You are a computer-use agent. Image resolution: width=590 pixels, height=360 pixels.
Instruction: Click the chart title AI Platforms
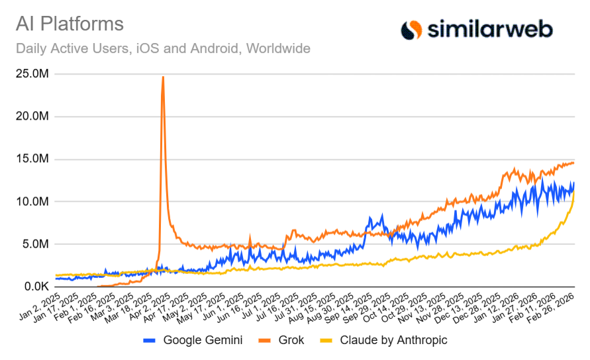click(70, 24)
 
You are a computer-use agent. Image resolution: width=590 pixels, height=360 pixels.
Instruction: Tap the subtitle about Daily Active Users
click(163, 48)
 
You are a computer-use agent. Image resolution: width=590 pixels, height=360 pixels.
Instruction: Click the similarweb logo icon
click(411, 29)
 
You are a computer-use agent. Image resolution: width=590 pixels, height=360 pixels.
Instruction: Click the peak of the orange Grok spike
click(163, 77)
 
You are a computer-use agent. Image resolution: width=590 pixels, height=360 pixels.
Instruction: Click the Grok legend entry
click(288, 340)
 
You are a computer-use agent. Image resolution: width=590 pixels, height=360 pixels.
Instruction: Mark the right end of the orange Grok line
click(573, 163)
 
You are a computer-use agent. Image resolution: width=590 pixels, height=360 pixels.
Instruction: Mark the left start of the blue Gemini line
click(56, 279)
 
